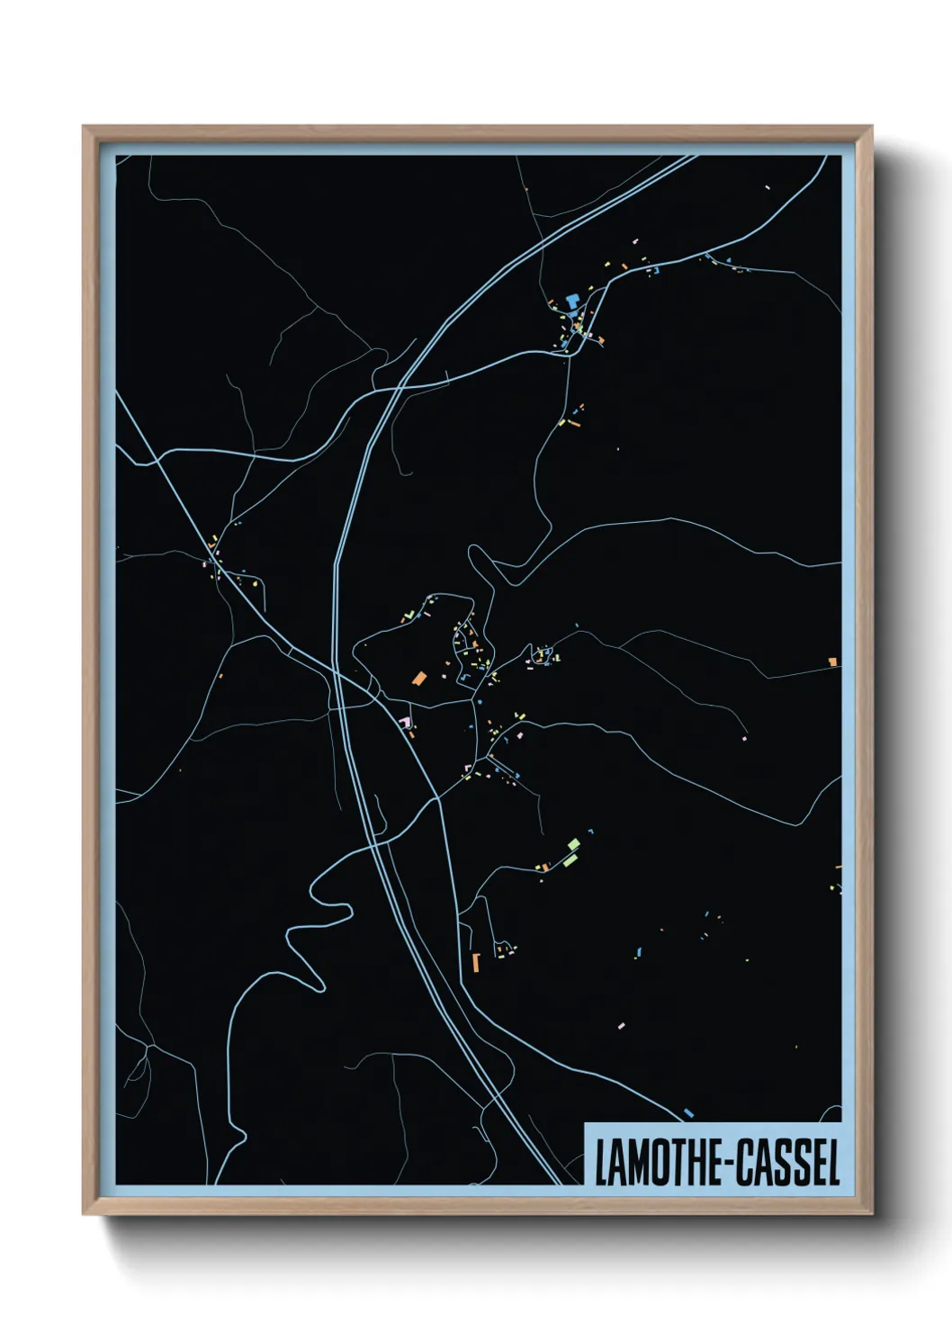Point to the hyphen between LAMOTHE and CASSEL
[x=730, y=1164]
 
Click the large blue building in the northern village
[x=571, y=300]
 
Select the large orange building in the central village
[x=418, y=678]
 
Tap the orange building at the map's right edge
[x=833, y=662]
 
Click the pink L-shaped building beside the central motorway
[x=405, y=722]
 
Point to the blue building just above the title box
[x=688, y=1113]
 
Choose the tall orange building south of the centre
[x=475, y=963]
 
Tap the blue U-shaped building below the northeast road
[x=656, y=269]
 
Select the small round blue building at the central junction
[x=480, y=701]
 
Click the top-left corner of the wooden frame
[x=84, y=127]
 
